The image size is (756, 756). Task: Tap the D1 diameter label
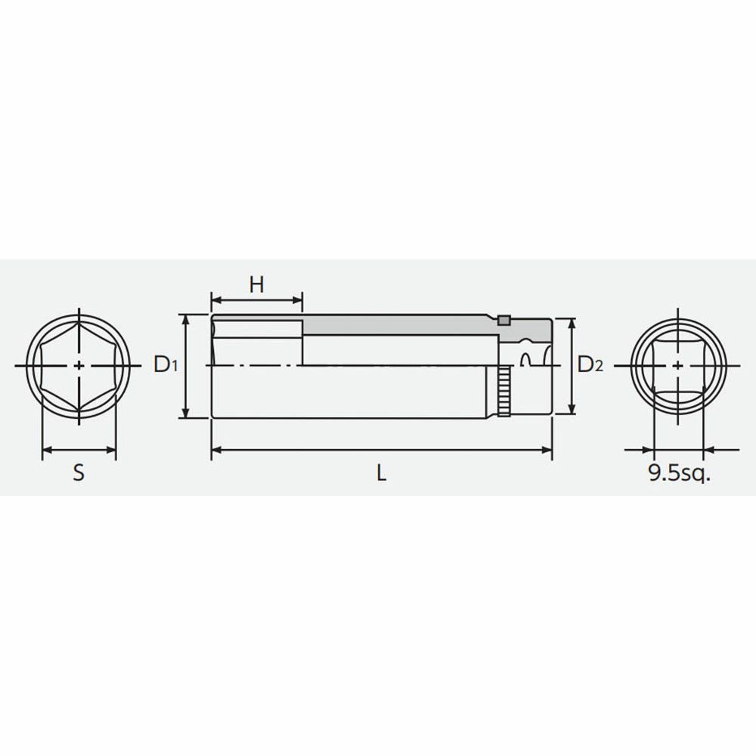tap(166, 364)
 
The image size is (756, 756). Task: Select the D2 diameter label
tap(590, 364)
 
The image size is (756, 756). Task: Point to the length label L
tap(381, 473)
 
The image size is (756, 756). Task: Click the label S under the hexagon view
tap(79, 472)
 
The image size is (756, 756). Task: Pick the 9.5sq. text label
tap(680, 473)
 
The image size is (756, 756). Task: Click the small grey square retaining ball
tap(503, 320)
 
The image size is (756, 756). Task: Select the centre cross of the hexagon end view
tap(79, 366)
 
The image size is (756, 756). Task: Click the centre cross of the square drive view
tap(678, 366)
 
